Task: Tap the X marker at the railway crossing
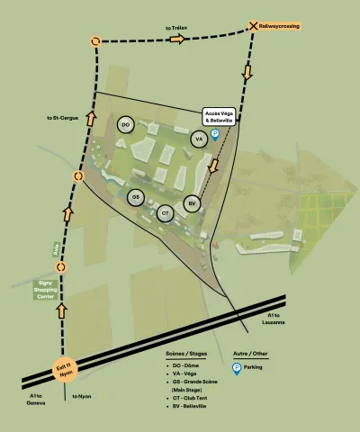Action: pos(254,27)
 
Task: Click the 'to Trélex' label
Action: pos(175,29)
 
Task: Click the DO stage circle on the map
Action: pos(125,124)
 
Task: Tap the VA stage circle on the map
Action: pos(199,139)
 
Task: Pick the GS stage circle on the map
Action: pos(136,197)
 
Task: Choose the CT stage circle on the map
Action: pos(164,213)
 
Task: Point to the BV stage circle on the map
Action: pos(191,203)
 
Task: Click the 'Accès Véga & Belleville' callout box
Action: pos(219,116)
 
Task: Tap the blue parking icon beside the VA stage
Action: pos(215,135)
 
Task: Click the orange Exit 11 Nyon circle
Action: pos(65,369)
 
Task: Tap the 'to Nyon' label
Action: pos(82,396)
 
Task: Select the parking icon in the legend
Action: pos(238,368)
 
